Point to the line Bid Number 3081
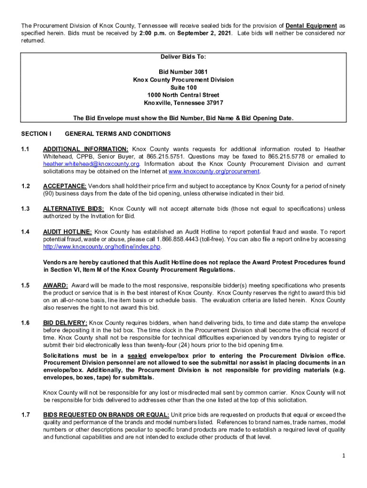(x=183, y=72)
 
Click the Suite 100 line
(x=183, y=88)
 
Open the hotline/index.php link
(x=102, y=247)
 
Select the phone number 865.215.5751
(x=204, y=157)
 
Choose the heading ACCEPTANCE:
(x=65, y=186)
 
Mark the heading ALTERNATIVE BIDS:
(x=73, y=209)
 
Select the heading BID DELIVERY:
(x=65, y=323)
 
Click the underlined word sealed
(x=137, y=356)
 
